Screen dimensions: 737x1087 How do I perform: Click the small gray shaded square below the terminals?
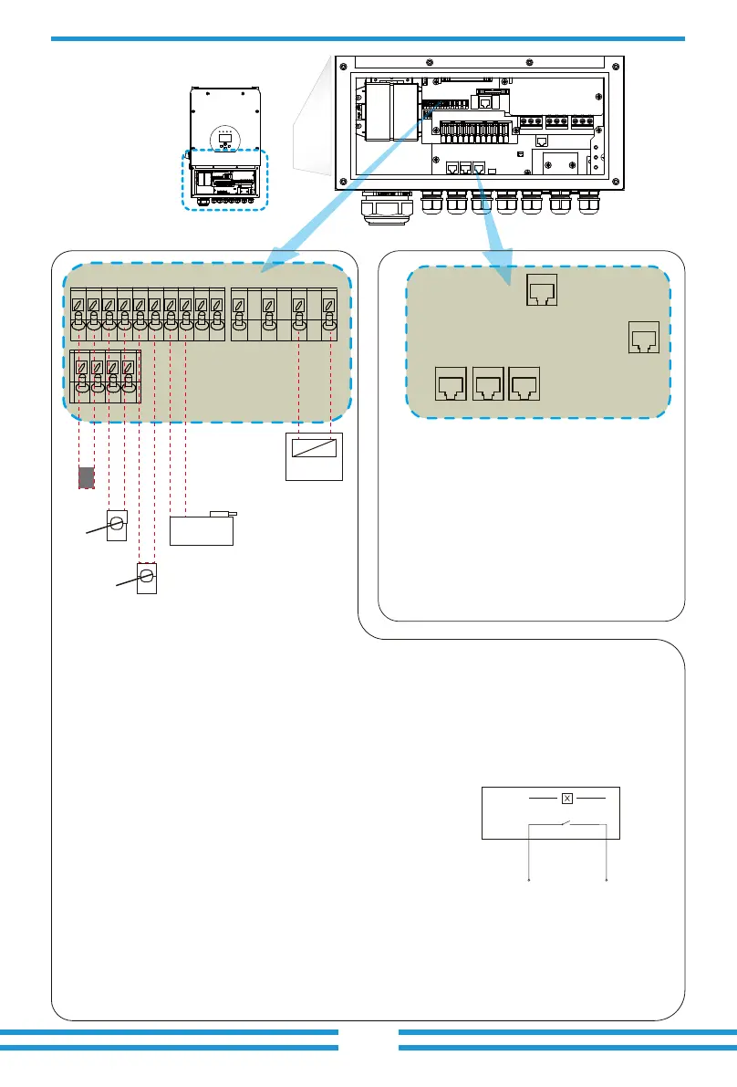85,477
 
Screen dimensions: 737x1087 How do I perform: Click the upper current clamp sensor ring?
116,525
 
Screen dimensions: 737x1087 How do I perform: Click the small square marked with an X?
566,799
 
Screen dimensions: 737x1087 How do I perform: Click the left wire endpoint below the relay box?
530,882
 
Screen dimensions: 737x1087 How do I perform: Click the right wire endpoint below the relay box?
607,882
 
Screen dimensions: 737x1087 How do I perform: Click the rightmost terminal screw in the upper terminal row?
329,302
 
